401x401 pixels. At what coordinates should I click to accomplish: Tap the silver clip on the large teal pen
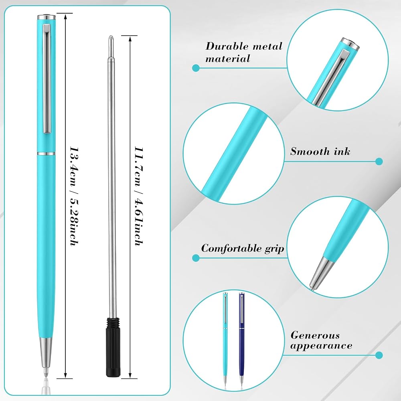[x=47, y=79]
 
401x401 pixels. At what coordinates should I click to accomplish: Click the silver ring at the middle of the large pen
[x=46, y=154]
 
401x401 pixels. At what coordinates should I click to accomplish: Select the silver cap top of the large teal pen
[x=46, y=17]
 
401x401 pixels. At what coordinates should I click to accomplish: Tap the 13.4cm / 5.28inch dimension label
[x=74, y=196]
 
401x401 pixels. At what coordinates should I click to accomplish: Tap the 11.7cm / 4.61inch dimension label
[x=139, y=196]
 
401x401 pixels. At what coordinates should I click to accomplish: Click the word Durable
[x=227, y=46]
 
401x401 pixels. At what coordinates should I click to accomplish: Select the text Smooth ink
[x=320, y=152]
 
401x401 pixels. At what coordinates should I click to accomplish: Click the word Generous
[x=315, y=335]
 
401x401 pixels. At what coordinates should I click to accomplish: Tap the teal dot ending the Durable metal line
[x=196, y=68]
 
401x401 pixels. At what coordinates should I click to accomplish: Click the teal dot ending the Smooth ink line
[x=379, y=161]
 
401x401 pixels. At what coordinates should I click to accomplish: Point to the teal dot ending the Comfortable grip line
[x=196, y=258]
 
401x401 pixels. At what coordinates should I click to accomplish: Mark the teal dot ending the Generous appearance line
[x=379, y=355]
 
